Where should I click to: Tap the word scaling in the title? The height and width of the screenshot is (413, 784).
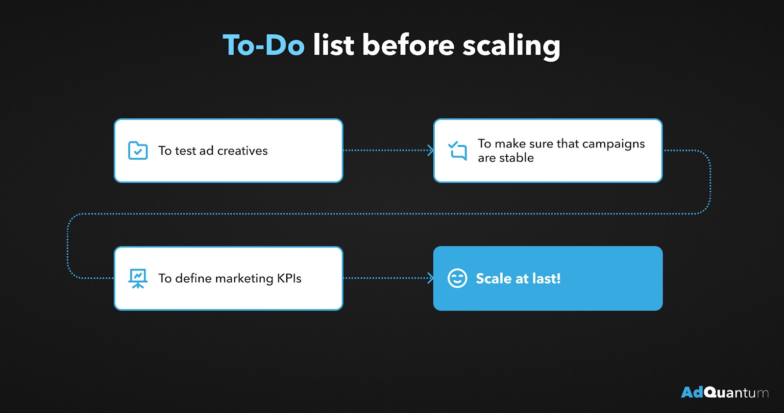click(511, 47)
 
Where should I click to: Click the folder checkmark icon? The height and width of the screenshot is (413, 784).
click(138, 150)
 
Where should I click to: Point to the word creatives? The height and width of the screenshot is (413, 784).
click(242, 150)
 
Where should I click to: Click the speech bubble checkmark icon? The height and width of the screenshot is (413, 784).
click(458, 150)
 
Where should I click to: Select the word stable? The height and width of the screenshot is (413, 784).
click(516, 157)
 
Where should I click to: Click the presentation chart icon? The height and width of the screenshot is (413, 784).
click(138, 279)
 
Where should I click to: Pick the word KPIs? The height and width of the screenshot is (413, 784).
click(289, 278)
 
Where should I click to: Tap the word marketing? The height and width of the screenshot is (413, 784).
click(244, 279)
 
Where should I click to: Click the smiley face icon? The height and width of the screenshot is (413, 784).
click(457, 278)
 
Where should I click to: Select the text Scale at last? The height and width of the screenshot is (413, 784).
click(518, 278)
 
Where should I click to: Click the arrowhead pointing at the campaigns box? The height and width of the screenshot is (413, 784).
click(431, 150)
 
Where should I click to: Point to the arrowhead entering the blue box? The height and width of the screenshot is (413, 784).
click(431, 278)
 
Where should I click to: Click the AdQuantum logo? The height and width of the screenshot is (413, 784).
click(725, 392)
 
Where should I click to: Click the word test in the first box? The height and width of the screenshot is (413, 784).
click(186, 151)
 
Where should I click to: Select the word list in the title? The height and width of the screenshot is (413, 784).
click(333, 45)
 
